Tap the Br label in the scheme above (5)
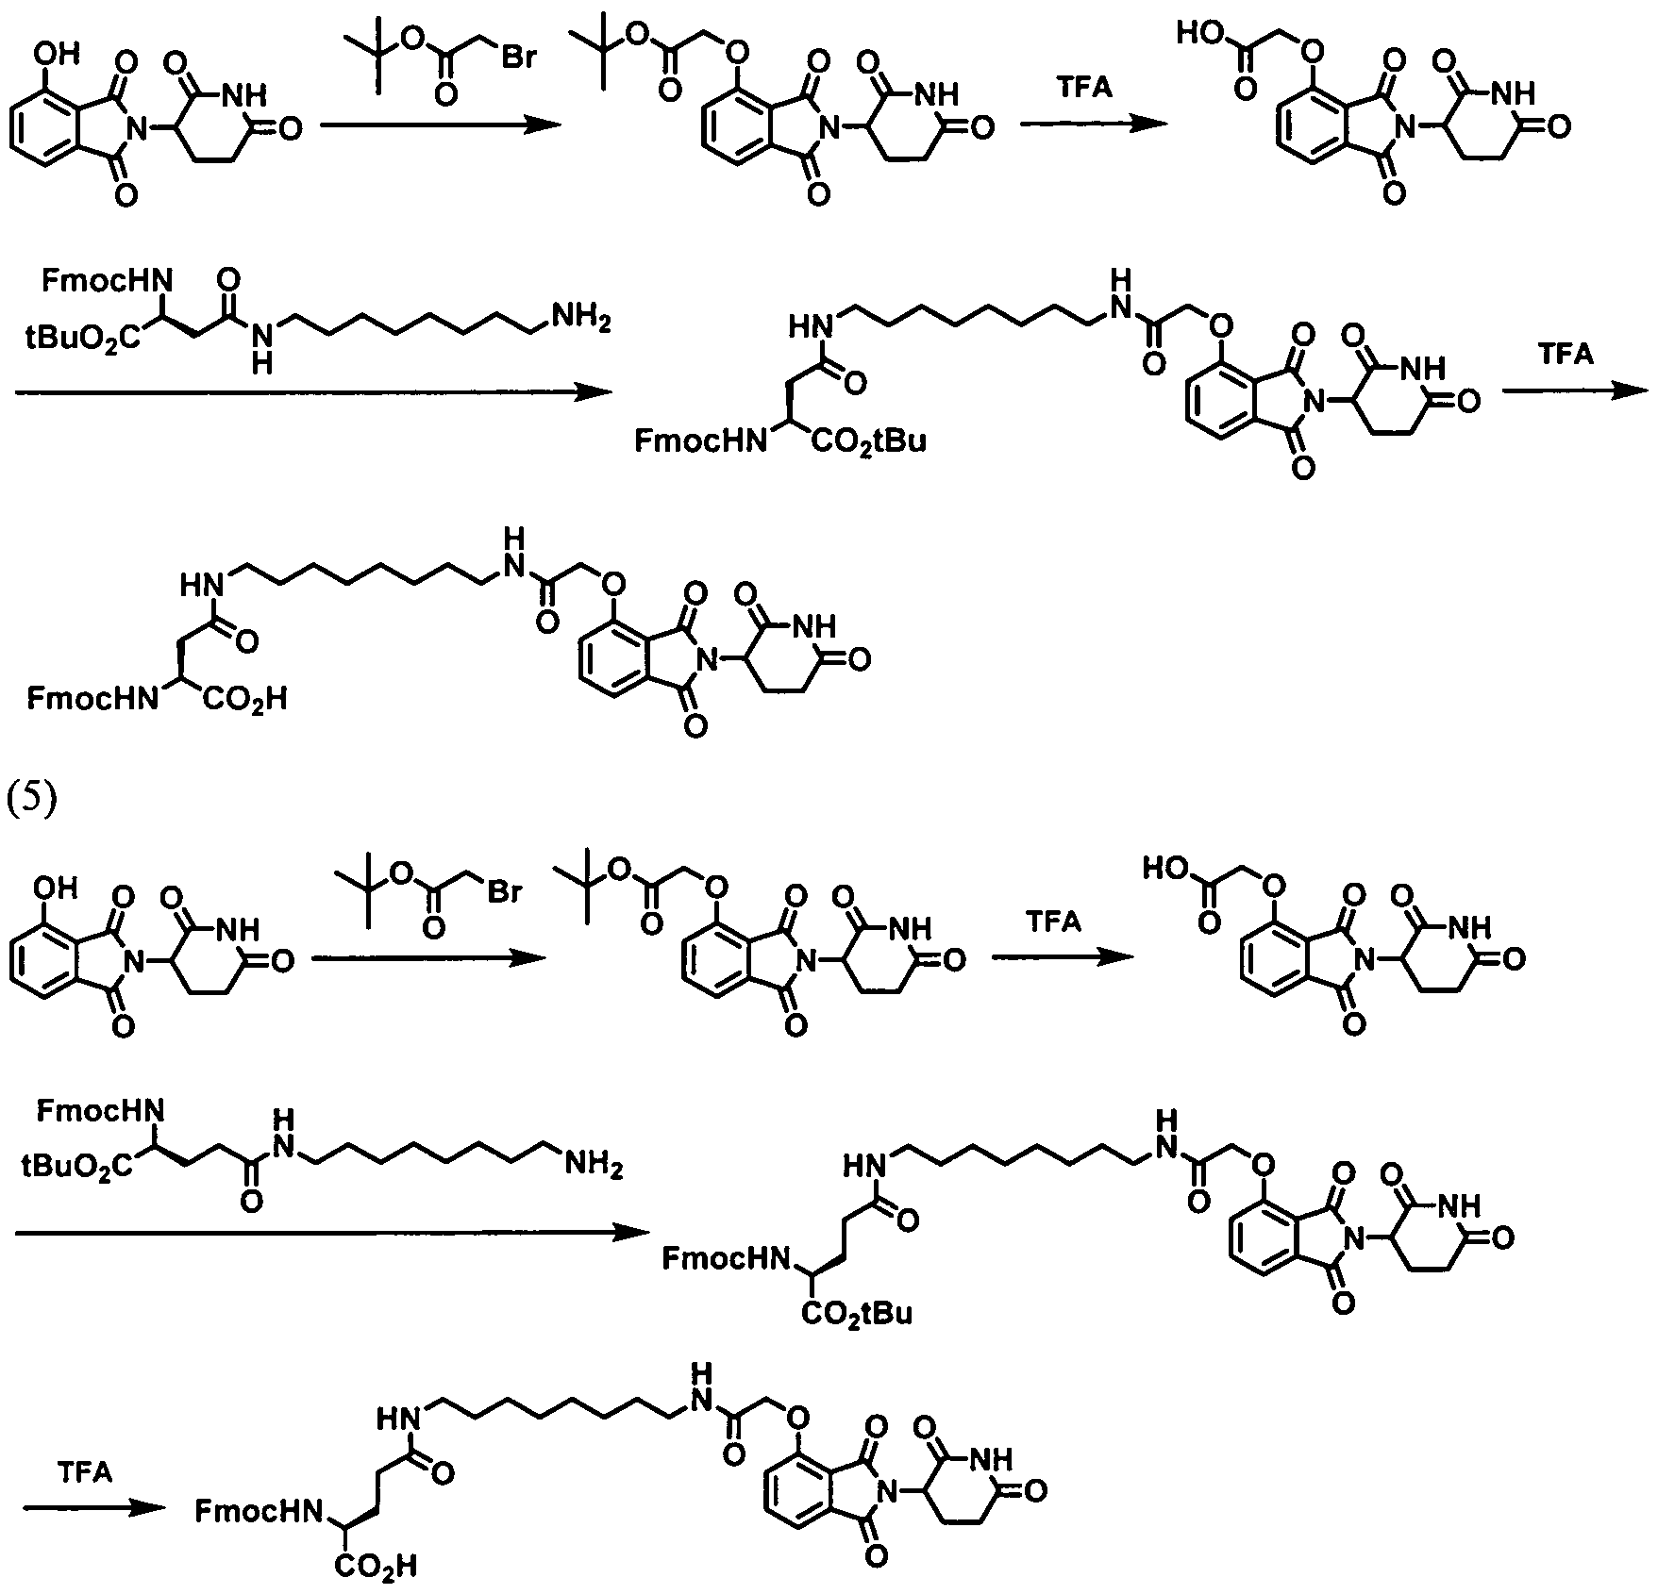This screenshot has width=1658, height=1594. tap(517, 58)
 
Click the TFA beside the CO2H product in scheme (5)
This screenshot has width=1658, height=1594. tap(85, 1472)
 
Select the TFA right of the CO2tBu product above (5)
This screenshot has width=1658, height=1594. tap(1566, 354)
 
